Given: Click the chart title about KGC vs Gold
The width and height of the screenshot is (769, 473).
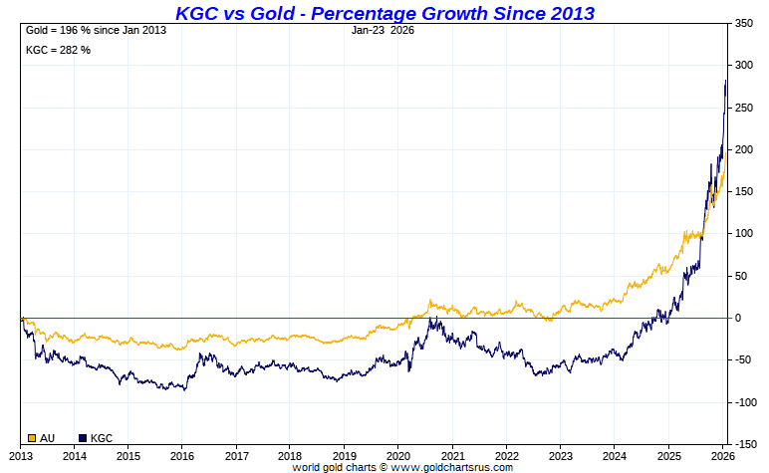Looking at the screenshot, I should click(x=384, y=13).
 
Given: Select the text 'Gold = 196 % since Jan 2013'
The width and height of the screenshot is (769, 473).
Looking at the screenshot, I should click(x=95, y=30).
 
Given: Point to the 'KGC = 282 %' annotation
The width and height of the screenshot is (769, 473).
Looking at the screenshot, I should click(x=58, y=50).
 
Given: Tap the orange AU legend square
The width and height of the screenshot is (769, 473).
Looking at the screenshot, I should click(x=32, y=437).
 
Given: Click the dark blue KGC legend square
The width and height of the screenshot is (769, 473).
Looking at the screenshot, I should click(x=83, y=437).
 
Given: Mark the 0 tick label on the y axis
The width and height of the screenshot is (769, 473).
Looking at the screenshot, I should click(x=739, y=318).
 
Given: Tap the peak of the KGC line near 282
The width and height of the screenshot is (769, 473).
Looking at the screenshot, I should click(x=725, y=80).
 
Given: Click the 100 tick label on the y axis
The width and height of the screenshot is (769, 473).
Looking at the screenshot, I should click(x=745, y=233).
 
